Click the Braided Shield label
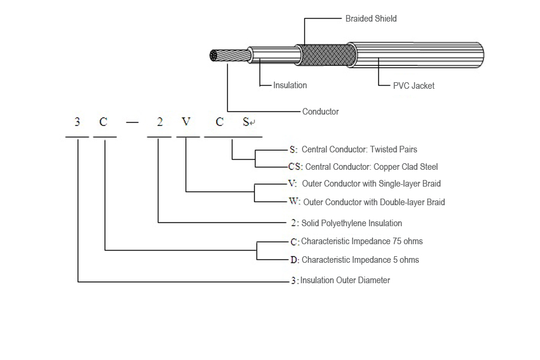click(x=371, y=19)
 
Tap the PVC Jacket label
click(x=413, y=86)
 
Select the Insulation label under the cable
click(x=290, y=85)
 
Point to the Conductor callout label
click(x=320, y=112)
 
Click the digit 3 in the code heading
click(x=77, y=122)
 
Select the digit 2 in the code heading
click(x=160, y=122)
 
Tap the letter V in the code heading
click(x=186, y=122)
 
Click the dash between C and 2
click(x=132, y=122)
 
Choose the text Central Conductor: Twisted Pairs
click(x=359, y=149)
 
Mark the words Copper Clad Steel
click(x=406, y=167)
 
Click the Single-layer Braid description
click(x=371, y=184)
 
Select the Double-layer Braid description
click(x=374, y=202)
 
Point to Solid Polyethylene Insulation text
click(x=352, y=223)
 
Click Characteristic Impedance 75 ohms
click(x=362, y=241)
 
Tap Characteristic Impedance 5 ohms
click(x=360, y=260)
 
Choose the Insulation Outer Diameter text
click(x=345, y=280)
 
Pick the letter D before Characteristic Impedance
click(x=294, y=260)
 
